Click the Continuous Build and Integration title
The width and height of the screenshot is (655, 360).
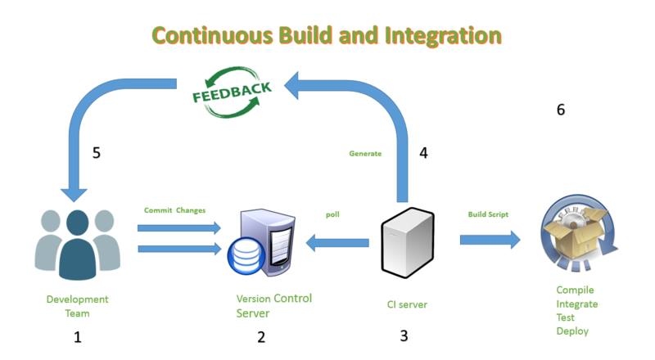click(326, 35)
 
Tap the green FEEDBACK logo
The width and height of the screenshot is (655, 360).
click(232, 92)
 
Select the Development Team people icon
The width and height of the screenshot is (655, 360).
click(77, 245)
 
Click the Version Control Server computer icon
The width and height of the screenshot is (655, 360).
click(261, 243)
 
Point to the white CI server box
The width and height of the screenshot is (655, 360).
click(408, 243)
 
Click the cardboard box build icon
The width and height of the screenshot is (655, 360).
click(579, 233)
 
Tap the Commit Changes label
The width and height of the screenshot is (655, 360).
click(174, 210)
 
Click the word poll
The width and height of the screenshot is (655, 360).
click(332, 214)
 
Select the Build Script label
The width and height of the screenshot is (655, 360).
click(488, 214)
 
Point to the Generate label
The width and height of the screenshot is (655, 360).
click(365, 153)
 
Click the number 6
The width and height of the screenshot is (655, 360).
click(561, 110)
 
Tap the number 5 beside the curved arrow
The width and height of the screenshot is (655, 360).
click(96, 152)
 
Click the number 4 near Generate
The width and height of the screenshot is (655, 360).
click(423, 152)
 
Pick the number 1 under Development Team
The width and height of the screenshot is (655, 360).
click(77, 337)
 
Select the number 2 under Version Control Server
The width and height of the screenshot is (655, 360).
click(261, 337)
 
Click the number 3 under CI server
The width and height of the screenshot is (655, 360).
click(404, 335)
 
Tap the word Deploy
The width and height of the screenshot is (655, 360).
click(572, 331)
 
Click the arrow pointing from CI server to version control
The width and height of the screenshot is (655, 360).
click(337, 243)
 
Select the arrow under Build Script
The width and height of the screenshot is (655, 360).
click(490, 240)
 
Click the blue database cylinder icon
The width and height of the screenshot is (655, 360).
click(246, 256)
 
